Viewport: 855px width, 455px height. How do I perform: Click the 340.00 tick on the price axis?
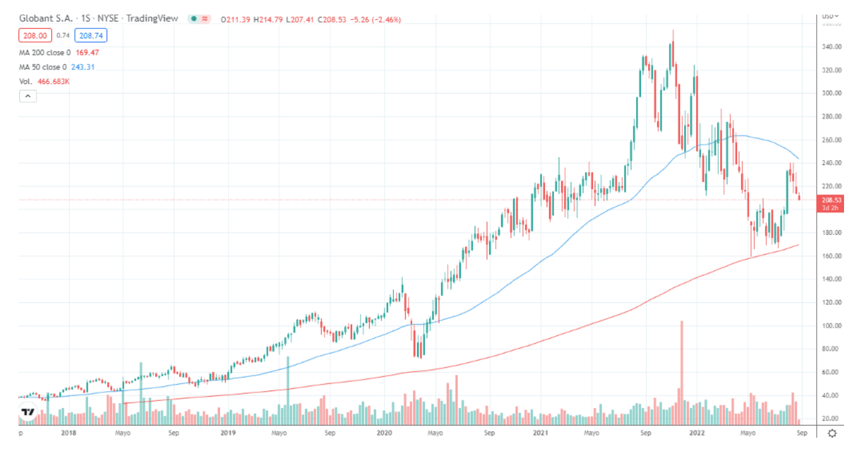[831, 47]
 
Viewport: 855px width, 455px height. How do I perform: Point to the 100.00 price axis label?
[831, 326]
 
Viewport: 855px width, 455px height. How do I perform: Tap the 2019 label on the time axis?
[227, 433]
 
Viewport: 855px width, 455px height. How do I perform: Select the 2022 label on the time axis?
[696, 433]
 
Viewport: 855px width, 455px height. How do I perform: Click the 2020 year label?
[384, 433]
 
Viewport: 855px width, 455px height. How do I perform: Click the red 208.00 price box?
[35, 36]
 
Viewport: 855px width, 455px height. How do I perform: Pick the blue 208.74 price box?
[91, 36]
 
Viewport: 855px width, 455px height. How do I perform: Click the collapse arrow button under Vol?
[28, 96]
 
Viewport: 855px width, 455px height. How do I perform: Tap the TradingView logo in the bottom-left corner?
[28, 412]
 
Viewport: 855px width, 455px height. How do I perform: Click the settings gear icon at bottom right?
[832, 433]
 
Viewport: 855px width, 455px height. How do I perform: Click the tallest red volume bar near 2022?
[682, 371]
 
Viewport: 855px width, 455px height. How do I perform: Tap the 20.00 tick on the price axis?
[831, 419]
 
